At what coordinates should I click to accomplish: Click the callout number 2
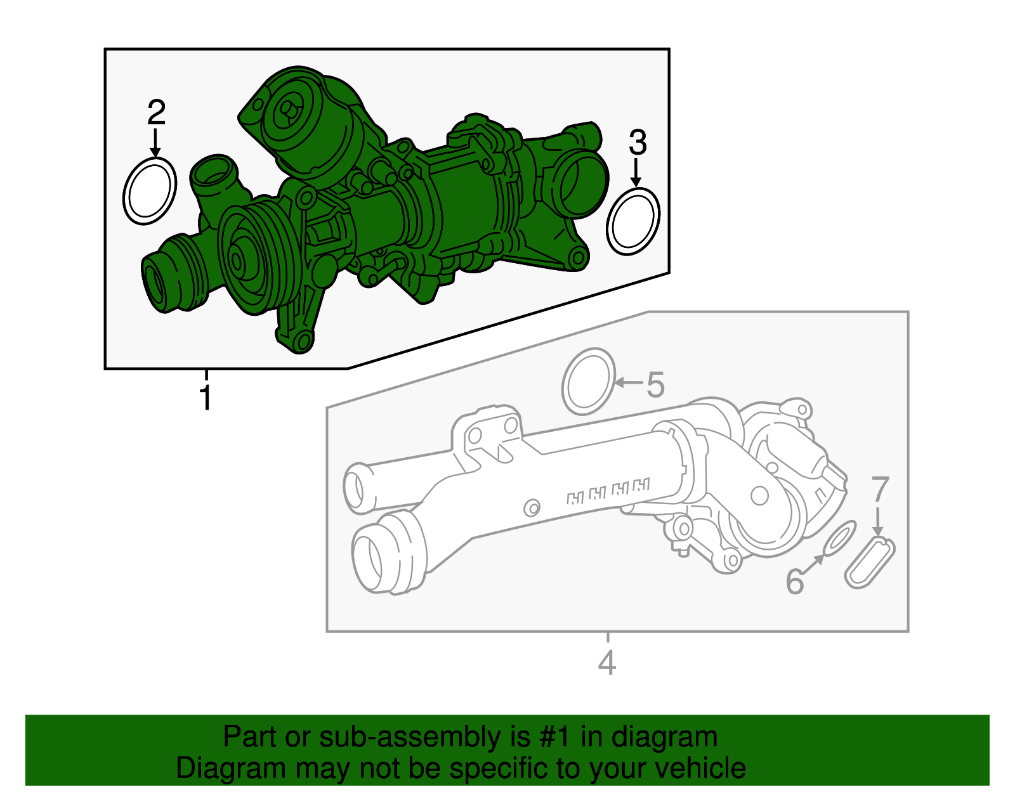[x=156, y=113]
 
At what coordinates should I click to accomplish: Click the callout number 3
[x=638, y=143]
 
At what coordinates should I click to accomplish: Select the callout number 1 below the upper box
[x=205, y=398]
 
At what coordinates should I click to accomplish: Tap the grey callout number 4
[x=607, y=663]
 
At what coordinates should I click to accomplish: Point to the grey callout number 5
[x=655, y=385]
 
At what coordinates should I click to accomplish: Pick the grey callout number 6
[x=794, y=581]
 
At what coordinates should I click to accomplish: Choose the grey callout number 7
[x=881, y=490]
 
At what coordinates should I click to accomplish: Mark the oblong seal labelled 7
[x=870, y=562]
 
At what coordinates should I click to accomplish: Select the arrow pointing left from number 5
[x=629, y=382]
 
